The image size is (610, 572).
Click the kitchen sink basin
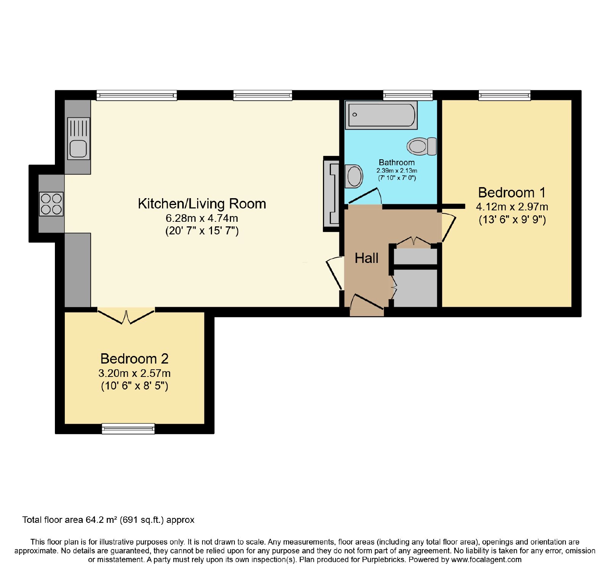click(79, 148)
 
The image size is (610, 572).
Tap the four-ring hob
click(51, 204)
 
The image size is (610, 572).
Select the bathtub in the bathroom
click(381, 115)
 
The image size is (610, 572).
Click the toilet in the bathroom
click(422, 146)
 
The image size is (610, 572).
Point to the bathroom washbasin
click(354, 176)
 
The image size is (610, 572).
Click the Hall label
click(366, 258)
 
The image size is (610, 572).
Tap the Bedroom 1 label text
click(512, 192)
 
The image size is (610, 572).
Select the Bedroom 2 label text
click(134, 359)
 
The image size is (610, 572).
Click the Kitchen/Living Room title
click(202, 204)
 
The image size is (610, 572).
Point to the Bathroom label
click(396, 162)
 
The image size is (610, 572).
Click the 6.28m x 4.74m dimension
click(202, 218)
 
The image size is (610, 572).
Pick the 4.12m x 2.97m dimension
click(512, 207)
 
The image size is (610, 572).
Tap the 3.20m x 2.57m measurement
click(134, 373)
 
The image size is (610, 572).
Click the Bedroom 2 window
click(128, 429)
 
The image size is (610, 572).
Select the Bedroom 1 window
click(504, 95)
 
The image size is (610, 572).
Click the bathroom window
click(408, 95)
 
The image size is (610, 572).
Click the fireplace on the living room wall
click(331, 194)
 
